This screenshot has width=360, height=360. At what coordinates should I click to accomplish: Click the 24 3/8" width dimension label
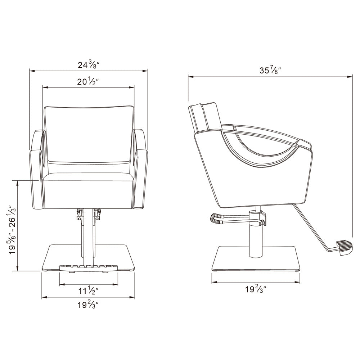pos(88,65)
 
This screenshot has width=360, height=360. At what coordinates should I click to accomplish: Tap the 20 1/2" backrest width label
pos(88,82)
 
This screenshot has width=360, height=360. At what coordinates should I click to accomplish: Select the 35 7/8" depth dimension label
pos(270,70)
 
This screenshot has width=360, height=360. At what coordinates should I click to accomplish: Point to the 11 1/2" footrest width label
pos(89,291)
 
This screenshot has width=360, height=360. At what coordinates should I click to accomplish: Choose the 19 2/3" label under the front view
pos(88,305)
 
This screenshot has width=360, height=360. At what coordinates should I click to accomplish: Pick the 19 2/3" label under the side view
pos(256,289)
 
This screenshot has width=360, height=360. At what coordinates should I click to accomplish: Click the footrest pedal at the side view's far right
pos(344,248)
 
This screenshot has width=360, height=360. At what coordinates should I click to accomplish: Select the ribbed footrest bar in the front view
pos(89,268)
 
